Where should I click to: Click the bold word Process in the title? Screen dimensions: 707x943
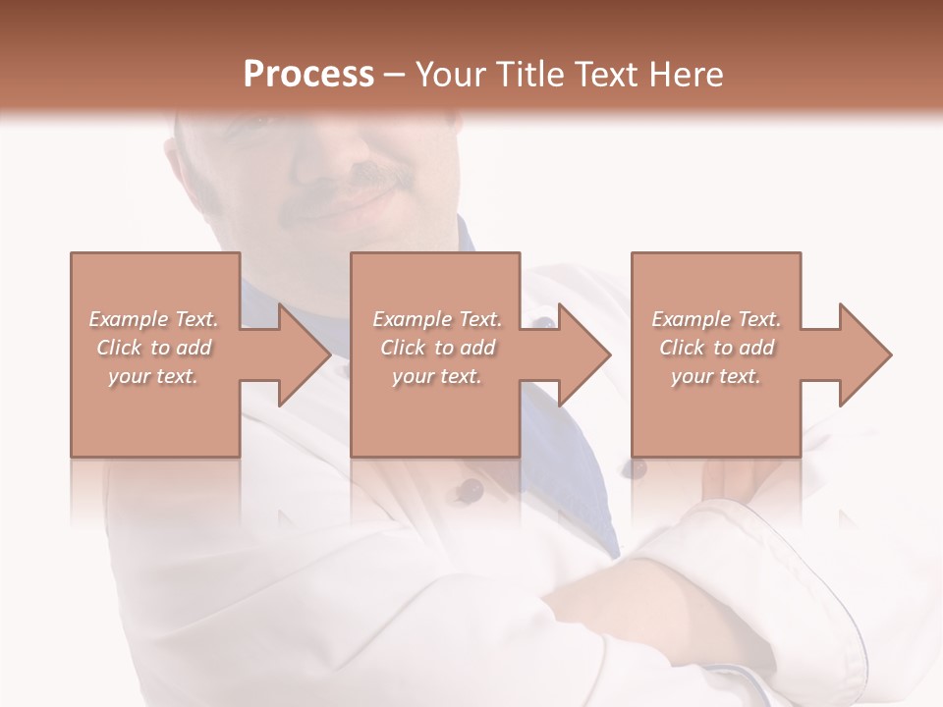[308, 75]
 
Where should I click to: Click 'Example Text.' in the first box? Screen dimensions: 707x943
[153, 319]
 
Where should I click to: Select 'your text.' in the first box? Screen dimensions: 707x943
[153, 376]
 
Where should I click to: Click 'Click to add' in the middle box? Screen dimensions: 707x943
[437, 348]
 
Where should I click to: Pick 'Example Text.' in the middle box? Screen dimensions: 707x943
[437, 319]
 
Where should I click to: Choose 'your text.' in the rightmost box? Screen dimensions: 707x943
[716, 376]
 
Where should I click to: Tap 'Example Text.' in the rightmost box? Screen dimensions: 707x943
[716, 319]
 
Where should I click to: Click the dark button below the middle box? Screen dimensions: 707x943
[472, 489]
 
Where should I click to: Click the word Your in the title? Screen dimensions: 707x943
[452, 75]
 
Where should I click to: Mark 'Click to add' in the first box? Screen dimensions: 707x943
[153, 348]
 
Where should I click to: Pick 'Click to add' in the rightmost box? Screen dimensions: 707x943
[716, 348]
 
